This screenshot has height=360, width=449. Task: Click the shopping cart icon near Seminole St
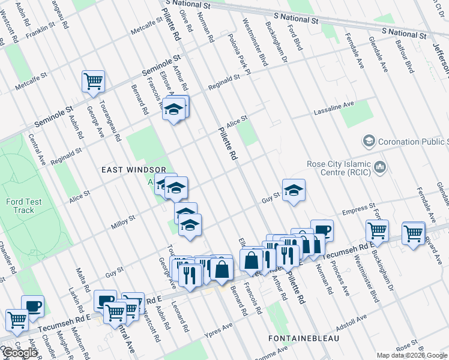coord(93,81)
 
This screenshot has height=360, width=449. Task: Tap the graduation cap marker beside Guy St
coord(294,190)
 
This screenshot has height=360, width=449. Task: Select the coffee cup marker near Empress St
coord(322,230)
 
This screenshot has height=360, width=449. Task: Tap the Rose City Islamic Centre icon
coord(379,166)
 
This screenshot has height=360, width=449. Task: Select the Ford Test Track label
coord(25,206)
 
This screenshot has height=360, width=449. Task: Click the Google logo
coord(19,353)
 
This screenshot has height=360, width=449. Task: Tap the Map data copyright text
coord(412,355)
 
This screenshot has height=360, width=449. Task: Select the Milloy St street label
coord(124,223)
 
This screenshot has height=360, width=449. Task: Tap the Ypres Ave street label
coord(218,330)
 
